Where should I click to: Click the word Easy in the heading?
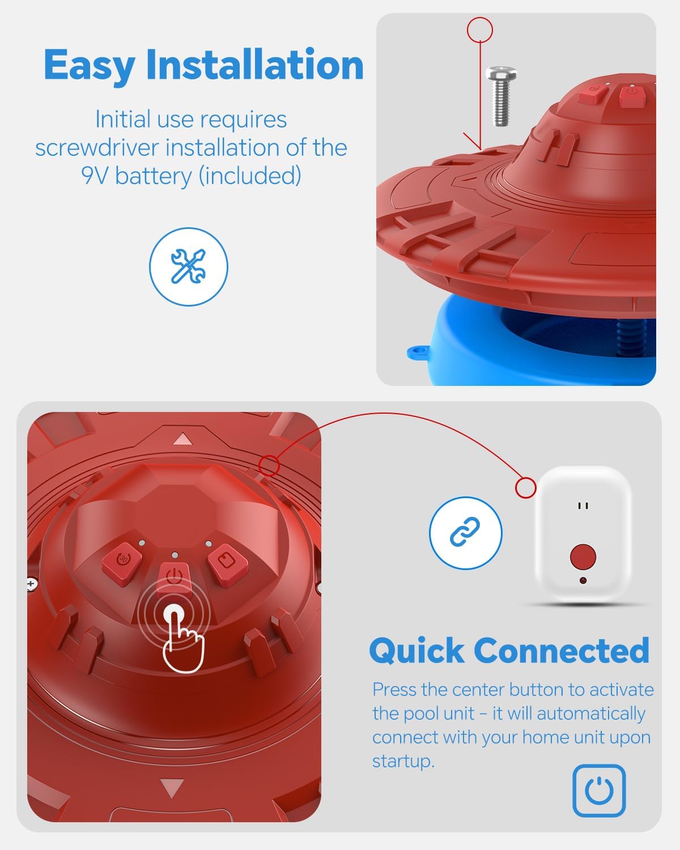coord(90,66)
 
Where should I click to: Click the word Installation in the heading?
coord(255,64)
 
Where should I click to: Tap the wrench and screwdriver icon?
coord(189,266)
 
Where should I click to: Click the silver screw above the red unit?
coord(501,96)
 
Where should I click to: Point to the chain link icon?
coord(465,532)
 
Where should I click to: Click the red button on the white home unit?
coord(583,556)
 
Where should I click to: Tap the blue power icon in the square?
coord(599,790)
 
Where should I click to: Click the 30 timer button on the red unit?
coord(122,559)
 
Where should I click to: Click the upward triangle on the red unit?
coord(182,440)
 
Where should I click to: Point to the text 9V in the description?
coord(95,175)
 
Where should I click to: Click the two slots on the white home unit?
coord(583,505)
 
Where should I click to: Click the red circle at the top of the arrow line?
coord(479,29)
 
